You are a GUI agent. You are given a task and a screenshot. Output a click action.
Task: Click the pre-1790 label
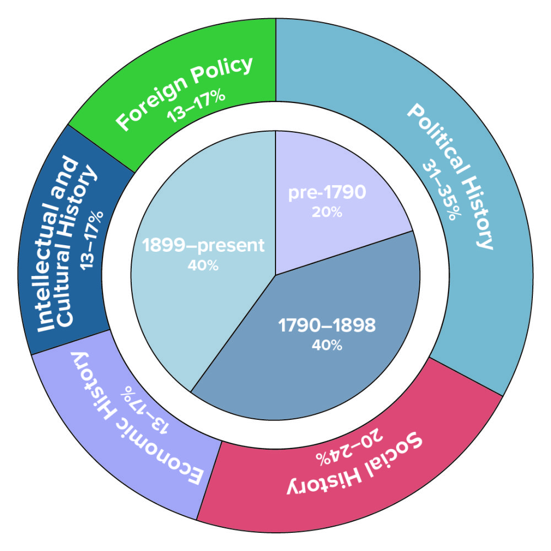click(x=327, y=193)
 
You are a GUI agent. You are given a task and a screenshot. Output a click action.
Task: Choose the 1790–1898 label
click(x=327, y=326)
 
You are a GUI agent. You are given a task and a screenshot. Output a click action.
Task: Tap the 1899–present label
click(x=203, y=245)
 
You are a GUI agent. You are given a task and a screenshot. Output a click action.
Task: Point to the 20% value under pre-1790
click(x=327, y=212)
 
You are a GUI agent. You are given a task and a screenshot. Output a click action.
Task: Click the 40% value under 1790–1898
click(x=327, y=345)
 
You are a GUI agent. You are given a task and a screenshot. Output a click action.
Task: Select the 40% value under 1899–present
click(x=203, y=265)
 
